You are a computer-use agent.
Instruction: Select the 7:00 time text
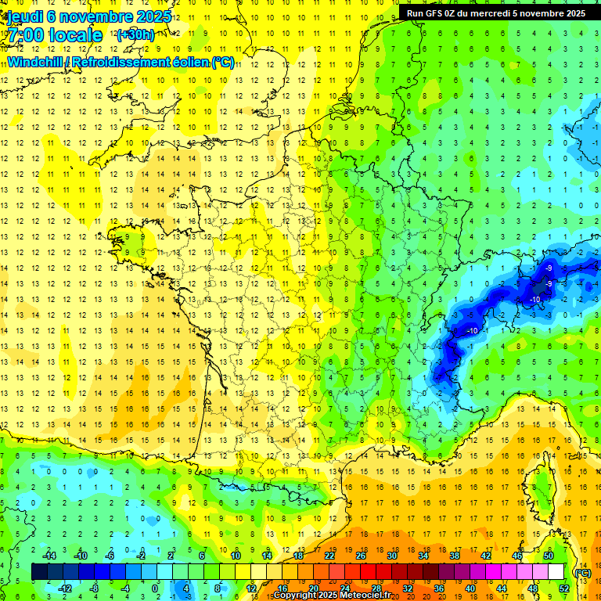click(26, 35)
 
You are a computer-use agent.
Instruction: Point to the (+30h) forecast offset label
click(135, 34)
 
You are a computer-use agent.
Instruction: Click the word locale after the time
click(76, 35)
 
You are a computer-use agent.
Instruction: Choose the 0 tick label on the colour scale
click(155, 588)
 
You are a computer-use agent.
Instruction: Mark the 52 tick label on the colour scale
click(564, 588)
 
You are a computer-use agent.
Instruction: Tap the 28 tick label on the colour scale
click(376, 588)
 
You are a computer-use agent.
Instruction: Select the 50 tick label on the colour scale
click(548, 555)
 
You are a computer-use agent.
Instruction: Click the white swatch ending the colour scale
click(556, 571)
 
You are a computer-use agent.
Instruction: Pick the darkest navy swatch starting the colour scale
click(39, 571)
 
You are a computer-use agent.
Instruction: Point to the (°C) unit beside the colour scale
click(582, 572)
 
